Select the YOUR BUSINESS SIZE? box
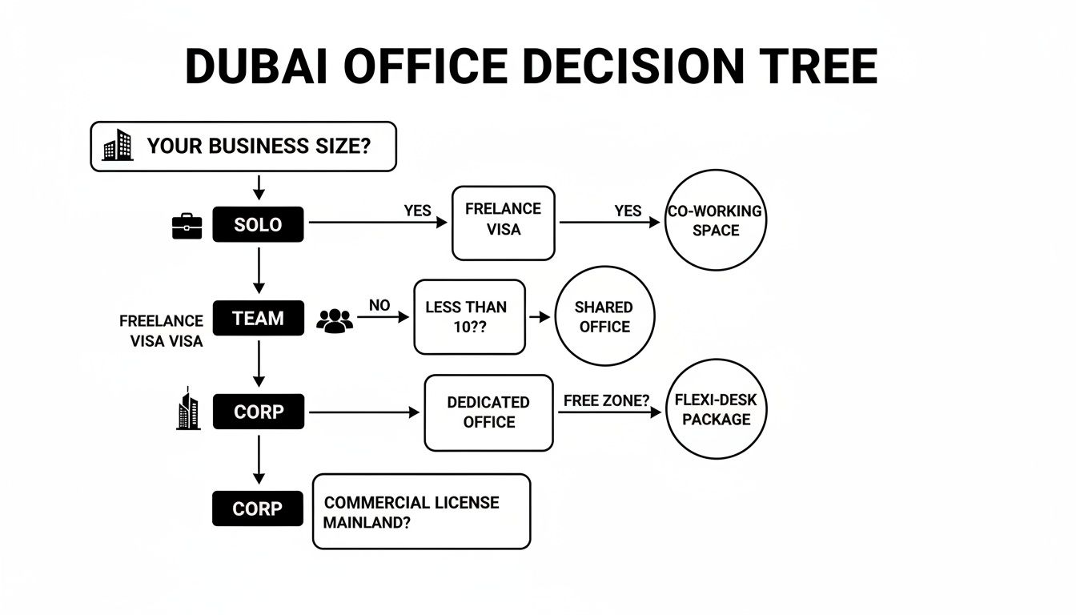pos(243,147)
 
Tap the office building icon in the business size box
pos(118,146)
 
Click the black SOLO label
pos(258,224)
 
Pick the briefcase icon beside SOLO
pos(187,226)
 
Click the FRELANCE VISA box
pos(503,223)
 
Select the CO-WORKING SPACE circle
pos(715,221)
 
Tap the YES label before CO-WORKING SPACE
pos(628,211)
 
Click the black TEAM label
pos(258,318)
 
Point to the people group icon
pos(335,320)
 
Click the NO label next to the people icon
pos(379,306)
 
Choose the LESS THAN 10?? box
pos(469,317)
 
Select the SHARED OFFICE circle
pos(604,317)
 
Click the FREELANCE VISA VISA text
pos(163,331)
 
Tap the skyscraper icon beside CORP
pos(187,409)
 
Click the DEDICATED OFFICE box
pos(488,412)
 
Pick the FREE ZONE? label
pos(606,400)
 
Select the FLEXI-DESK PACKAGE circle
pos(716,409)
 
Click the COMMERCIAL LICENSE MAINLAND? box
pos(421,512)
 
